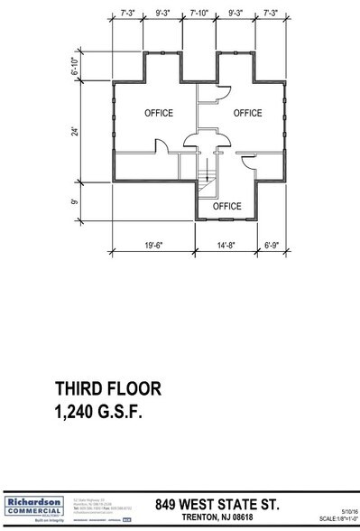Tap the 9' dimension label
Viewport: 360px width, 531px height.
tap(78, 201)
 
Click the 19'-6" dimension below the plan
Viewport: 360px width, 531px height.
tap(156, 244)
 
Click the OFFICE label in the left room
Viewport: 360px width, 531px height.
tap(159, 113)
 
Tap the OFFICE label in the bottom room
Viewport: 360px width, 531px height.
tap(227, 206)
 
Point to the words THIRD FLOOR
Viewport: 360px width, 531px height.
tap(107, 389)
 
